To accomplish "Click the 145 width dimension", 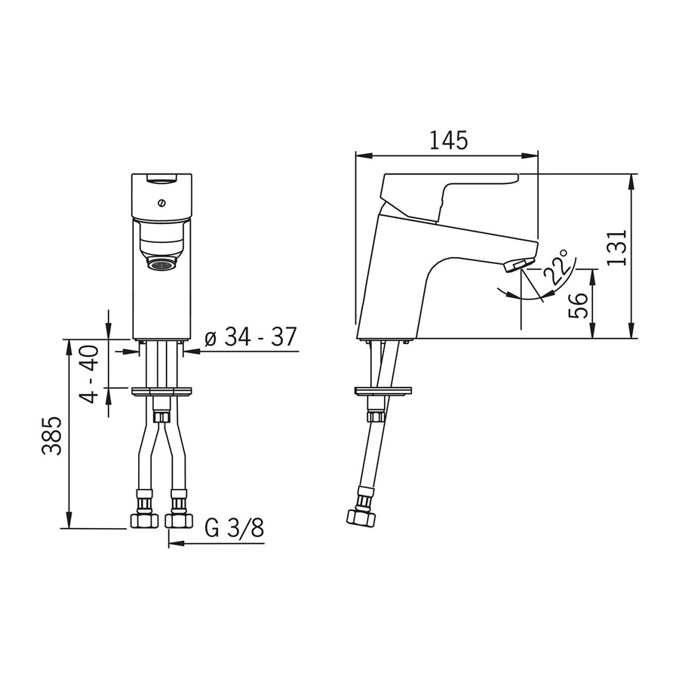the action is pyautogui.click(x=449, y=140).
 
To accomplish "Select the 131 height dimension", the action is pyautogui.click(x=616, y=247).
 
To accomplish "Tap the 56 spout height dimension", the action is pyautogui.click(x=579, y=306).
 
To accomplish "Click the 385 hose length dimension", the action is pyautogui.click(x=52, y=436).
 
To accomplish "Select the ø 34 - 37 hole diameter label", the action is pyautogui.click(x=250, y=336).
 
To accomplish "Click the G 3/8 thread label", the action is pyautogui.click(x=234, y=527).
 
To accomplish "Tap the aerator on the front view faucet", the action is pyautogui.click(x=161, y=264).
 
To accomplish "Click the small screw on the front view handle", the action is pyautogui.click(x=161, y=201).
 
